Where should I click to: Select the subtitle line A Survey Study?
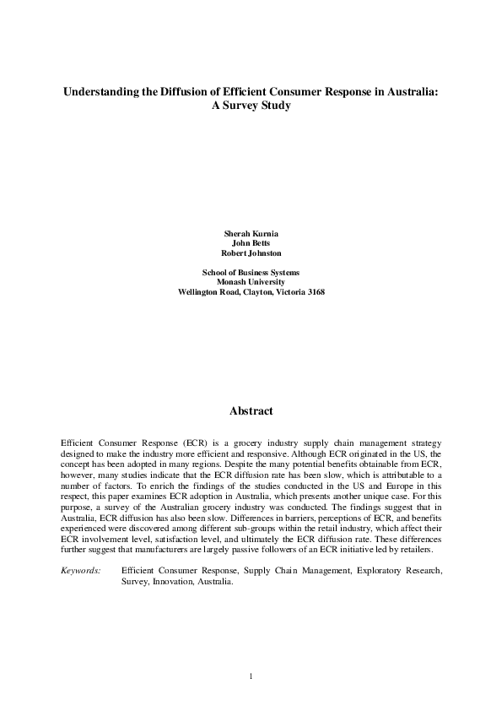tap(251, 108)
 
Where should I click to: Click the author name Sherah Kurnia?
tap(251, 231)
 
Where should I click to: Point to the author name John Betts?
tap(251, 242)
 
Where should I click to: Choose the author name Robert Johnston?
tap(251, 252)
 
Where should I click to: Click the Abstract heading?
tap(251, 411)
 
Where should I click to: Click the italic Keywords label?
tap(81, 571)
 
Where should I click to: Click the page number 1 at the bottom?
tap(251, 676)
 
